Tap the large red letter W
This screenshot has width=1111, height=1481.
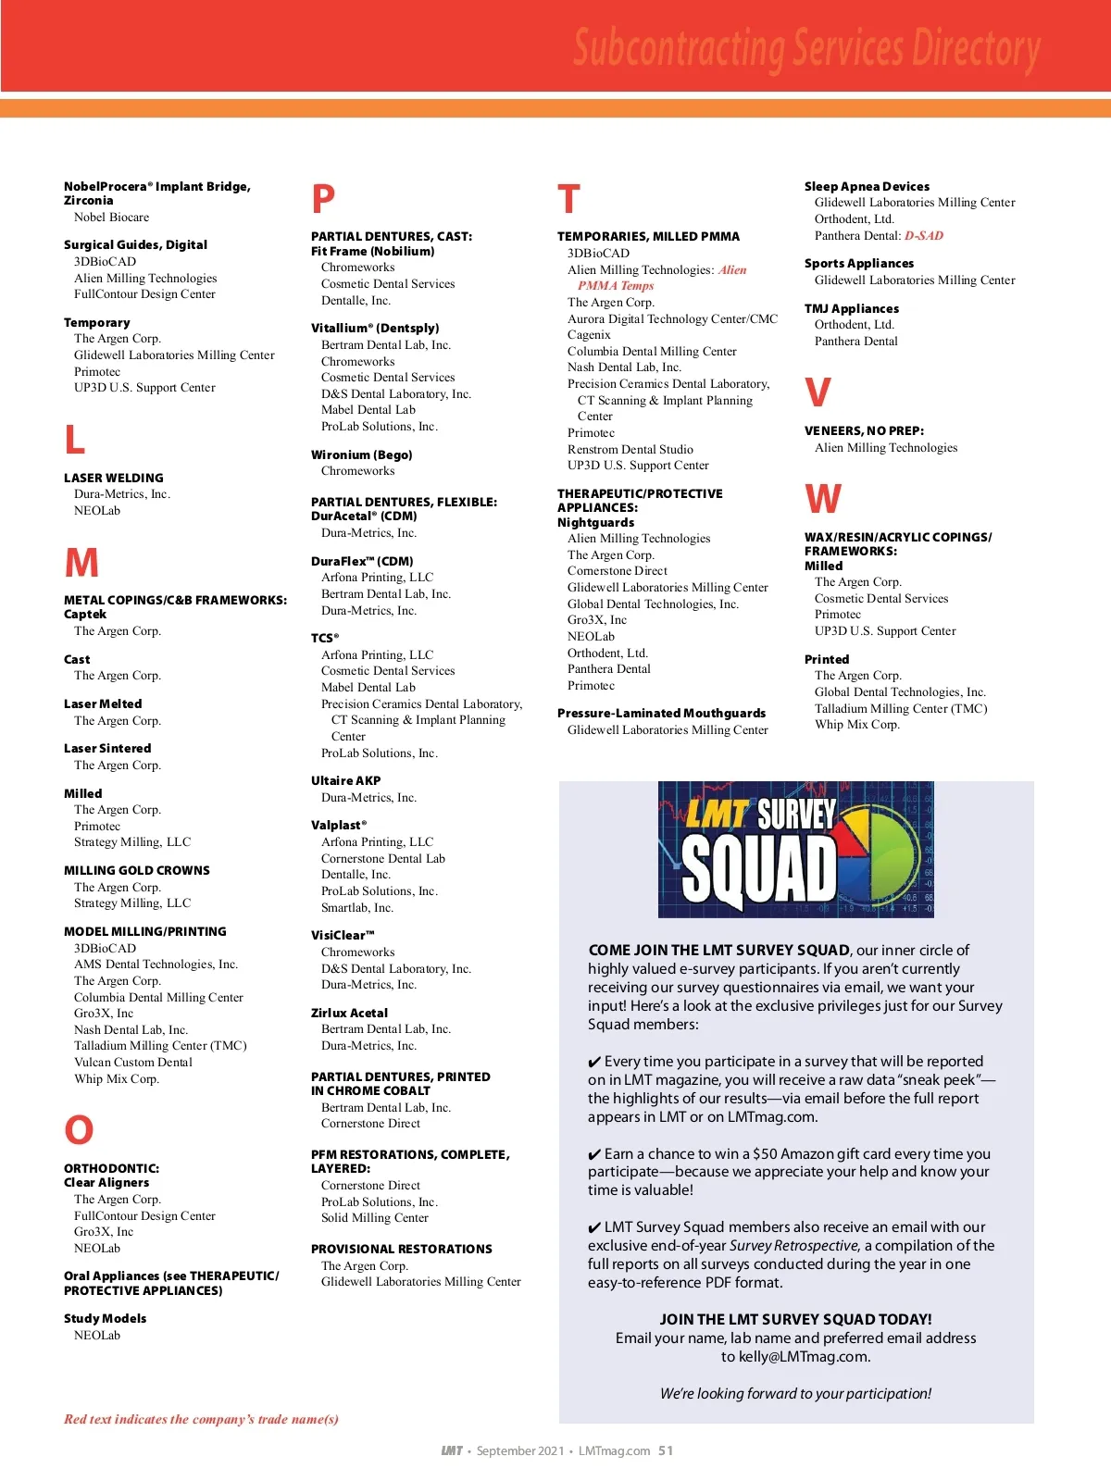click(823, 500)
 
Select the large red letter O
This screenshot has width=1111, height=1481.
click(79, 1130)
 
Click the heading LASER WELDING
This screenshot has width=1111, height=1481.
click(113, 478)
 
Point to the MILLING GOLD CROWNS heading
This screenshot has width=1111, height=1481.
click(137, 870)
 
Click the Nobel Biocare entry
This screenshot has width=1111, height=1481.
click(111, 218)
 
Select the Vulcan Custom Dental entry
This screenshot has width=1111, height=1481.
click(133, 1063)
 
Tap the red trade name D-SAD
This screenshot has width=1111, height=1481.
click(924, 236)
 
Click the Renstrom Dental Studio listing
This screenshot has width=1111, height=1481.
click(630, 450)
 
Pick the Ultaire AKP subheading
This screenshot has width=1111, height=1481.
click(345, 780)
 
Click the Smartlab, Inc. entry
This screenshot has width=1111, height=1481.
click(357, 908)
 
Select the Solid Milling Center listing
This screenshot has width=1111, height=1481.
click(375, 1218)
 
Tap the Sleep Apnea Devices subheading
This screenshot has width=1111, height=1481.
click(867, 186)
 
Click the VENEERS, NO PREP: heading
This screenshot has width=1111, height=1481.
click(864, 430)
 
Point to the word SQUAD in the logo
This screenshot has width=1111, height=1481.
click(759, 870)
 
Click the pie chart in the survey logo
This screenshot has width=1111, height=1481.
click(883, 853)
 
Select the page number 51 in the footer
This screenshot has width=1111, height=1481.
click(666, 1450)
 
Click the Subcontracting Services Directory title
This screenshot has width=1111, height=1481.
click(806, 48)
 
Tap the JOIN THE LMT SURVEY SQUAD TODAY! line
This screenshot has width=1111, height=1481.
click(795, 1319)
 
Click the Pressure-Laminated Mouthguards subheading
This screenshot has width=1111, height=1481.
click(661, 713)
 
